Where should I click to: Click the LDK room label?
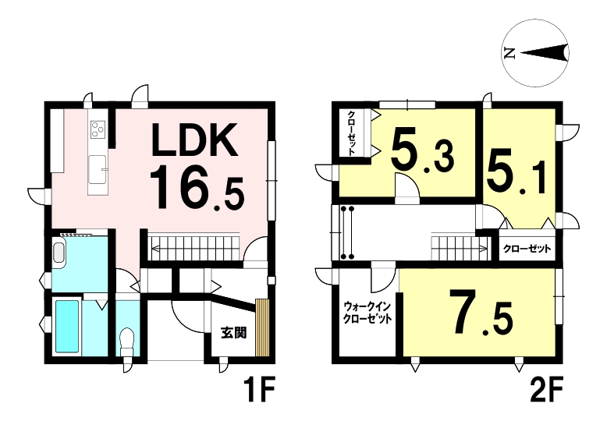[x=195, y=140]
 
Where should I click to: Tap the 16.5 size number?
[x=197, y=187]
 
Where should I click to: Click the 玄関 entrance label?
[x=234, y=333]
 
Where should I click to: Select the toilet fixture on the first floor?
[x=126, y=342]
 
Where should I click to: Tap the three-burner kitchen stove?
[x=98, y=129]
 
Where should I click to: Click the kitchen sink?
[x=98, y=169]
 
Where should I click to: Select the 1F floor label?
[x=259, y=391]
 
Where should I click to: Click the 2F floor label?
[x=545, y=391]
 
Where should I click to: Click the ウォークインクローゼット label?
[x=367, y=313]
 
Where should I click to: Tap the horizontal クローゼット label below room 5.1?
[x=527, y=249]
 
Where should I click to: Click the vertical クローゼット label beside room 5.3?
[x=352, y=133]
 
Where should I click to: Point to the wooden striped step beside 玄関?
[x=262, y=327]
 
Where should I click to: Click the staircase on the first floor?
[x=196, y=247]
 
